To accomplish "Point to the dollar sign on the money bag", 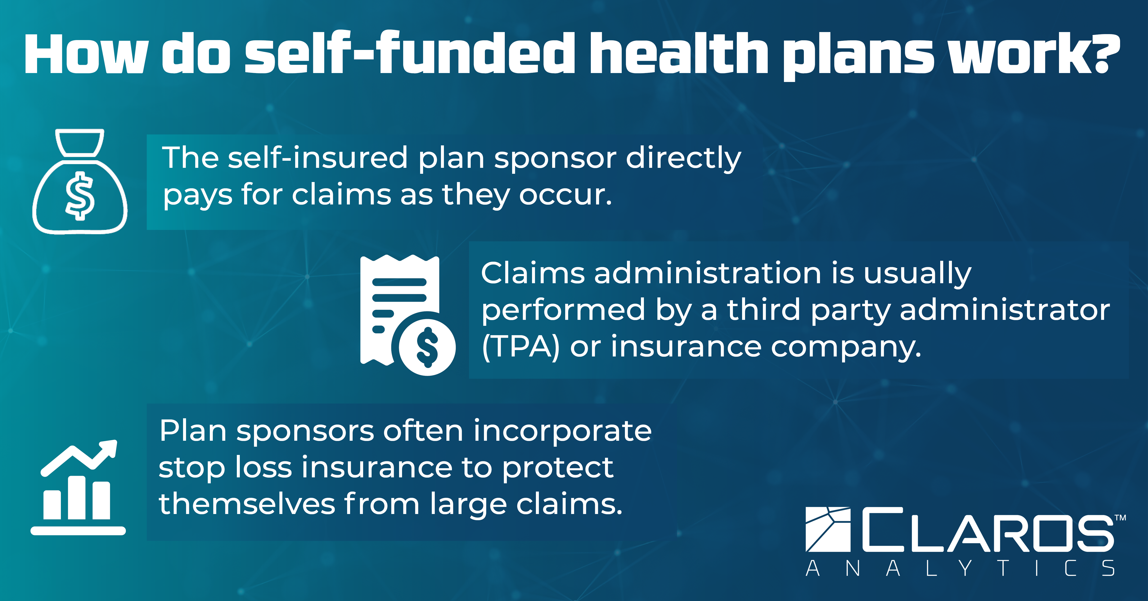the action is [x=80, y=195].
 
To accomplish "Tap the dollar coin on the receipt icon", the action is [x=427, y=346].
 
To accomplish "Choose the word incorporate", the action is [x=562, y=431].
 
